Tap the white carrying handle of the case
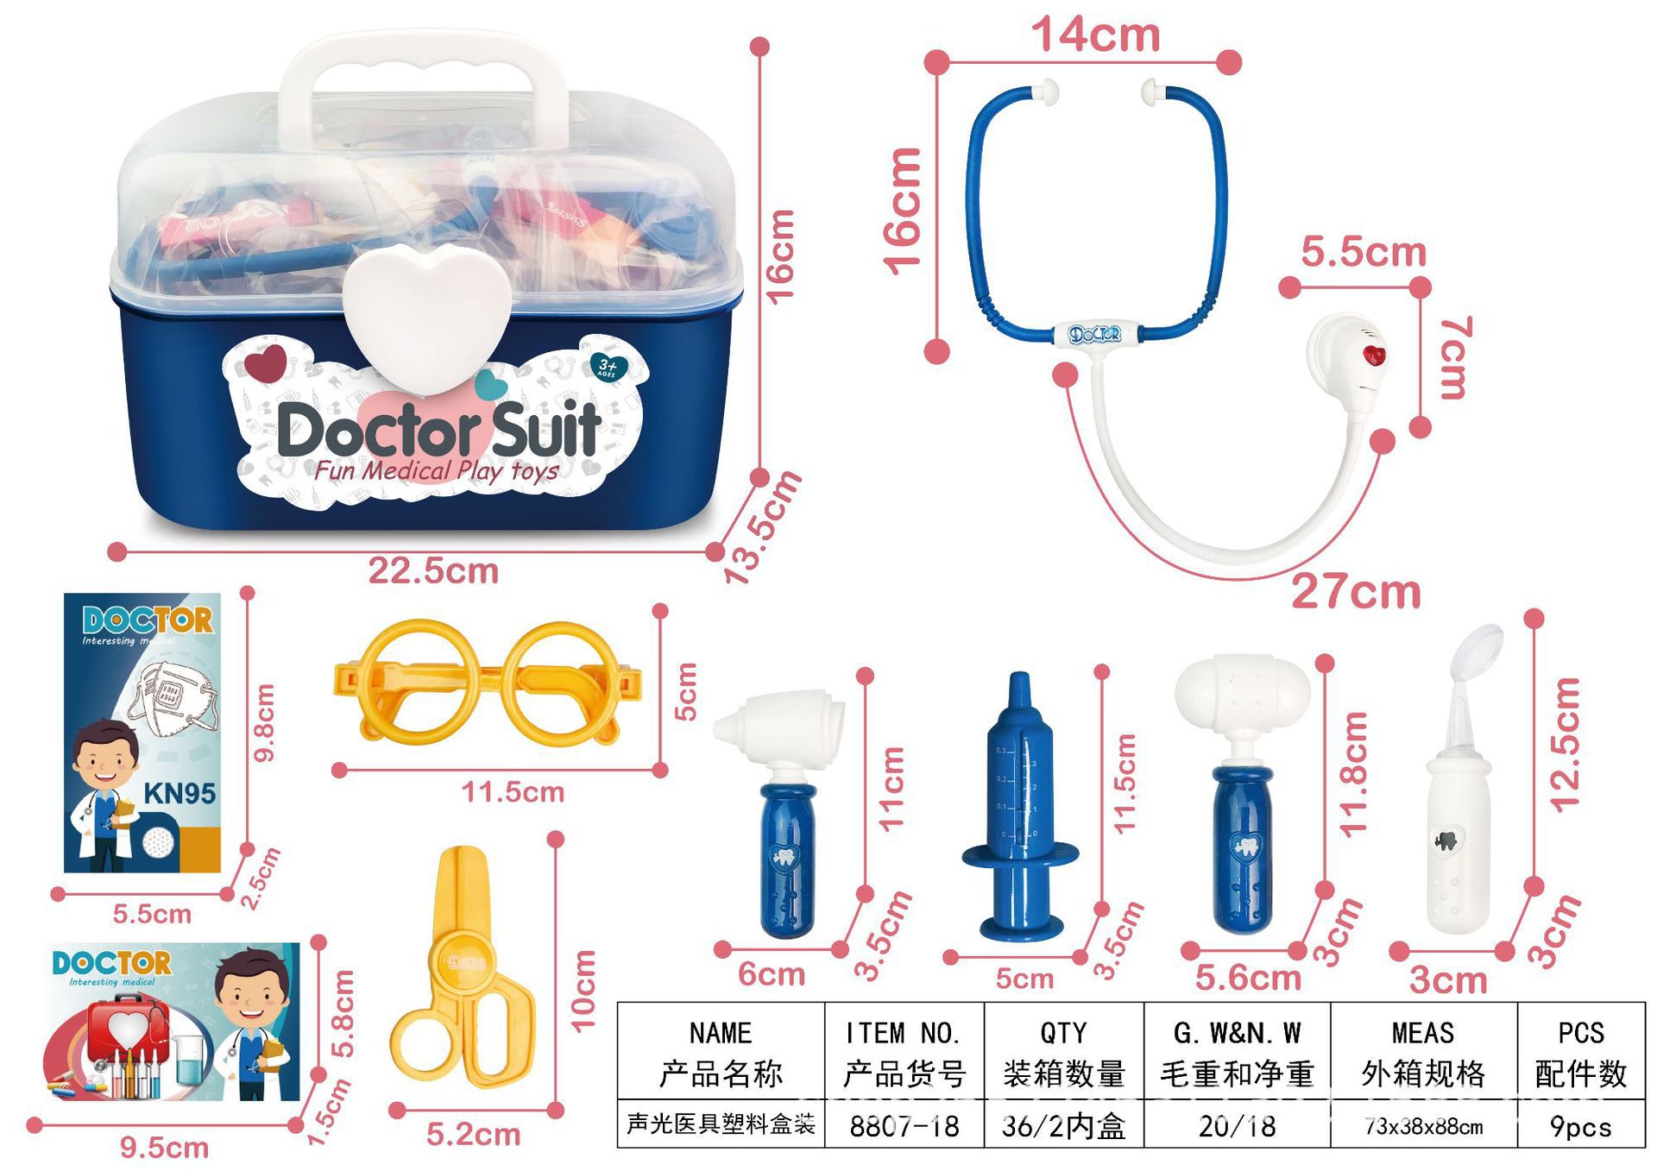pyautogui.click(x=423, y=60)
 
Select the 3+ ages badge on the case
pyautogui.click(x=608, y=367)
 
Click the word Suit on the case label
pyautogui.click(x=545, y=429)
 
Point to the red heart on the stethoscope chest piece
pyautogui.click(x=1373, y=355)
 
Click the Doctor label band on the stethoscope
pyautogui.click(x=1094, y=334)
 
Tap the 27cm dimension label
pyautogui.click(x=1356, y=592)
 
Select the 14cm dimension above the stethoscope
pyautogui.click(x=1095, y=35)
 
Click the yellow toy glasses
pyautogui.click(x=488, y=682)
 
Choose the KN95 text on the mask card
pyautogui.click(x=180, y=793)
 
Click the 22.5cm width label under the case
pyautogui.click(x=433, y=571)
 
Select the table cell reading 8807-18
pyautogui.click(x=904, y=1125)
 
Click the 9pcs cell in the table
pyautogui.click(x=1580, y=1125)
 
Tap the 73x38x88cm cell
pyautogui.click(x=1423, y=1125)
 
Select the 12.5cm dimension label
pyautogui.click(x=1565, y=745)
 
